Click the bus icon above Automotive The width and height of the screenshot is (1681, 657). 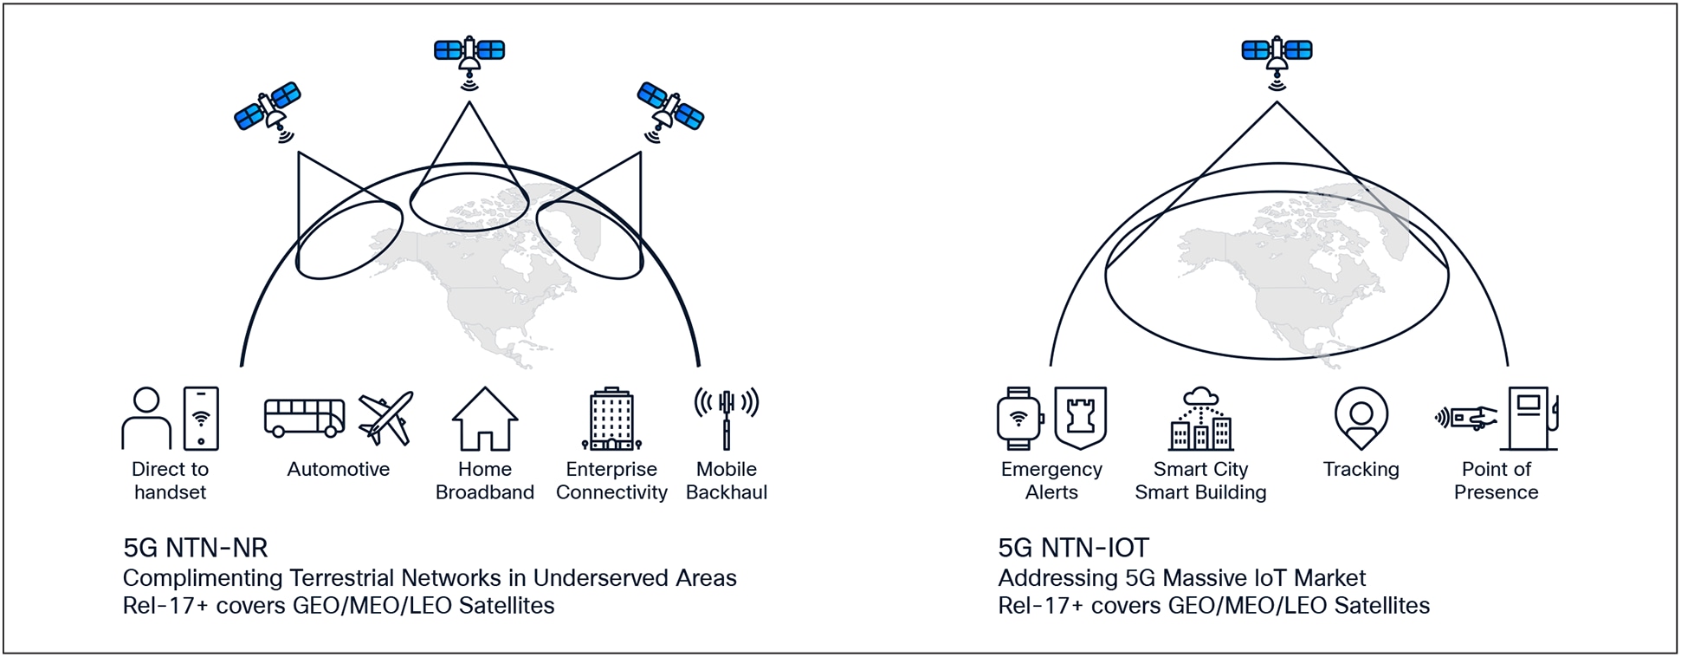coord(304,418)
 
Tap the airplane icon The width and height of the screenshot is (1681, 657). coord(386,418)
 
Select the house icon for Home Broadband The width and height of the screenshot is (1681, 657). coord(485,419)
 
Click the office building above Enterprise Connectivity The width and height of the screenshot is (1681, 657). coord(611,419)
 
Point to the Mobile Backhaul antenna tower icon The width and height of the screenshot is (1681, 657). coord(727,419)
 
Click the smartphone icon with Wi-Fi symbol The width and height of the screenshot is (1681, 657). coord(201,419)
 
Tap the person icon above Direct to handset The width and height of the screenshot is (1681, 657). coord(146,419)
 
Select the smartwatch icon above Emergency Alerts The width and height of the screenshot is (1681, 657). coord(1019,419)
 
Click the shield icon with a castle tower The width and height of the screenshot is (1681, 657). coord(1080,419)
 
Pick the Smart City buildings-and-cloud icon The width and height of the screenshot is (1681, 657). coord(1201,419)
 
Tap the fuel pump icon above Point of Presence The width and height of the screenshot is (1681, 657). coord(1533,419)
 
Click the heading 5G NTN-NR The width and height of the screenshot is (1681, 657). coord(196,548)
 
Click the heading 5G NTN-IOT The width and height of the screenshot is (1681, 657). coord(1073,548)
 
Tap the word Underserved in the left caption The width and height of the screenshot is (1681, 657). coord(594,578)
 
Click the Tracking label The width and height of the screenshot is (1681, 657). coord(1361,469)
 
